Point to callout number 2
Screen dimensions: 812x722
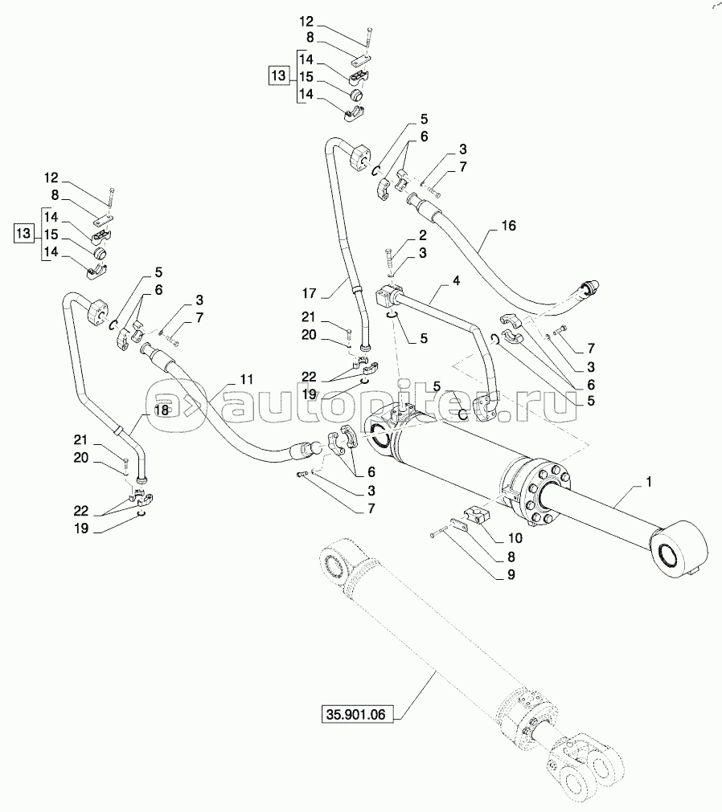[x=422, y=236]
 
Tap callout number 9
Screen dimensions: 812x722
[x=511, y=574]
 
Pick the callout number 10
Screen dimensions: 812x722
[x=515, y=538]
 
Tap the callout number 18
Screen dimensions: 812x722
[x=161, y=410]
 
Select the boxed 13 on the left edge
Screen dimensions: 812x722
[x=23, y=235]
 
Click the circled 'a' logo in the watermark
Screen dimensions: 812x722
[x=164, y=399]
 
